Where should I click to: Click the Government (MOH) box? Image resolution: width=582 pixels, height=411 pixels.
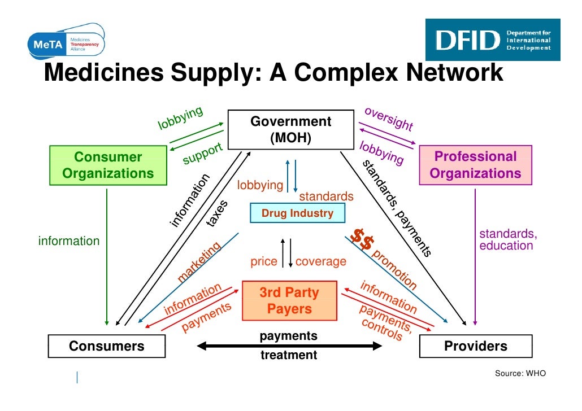(x=290, y=130)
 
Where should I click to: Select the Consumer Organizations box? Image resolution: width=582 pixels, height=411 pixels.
(x=108, y=165)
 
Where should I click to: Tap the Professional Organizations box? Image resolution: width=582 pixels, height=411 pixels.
(x=475, y=165)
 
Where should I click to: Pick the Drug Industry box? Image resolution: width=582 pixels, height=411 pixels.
(x=297, y=213)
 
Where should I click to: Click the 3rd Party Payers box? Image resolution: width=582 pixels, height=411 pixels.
(x=289, y=301)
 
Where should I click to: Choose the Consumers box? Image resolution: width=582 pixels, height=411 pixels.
(x=106, y=346)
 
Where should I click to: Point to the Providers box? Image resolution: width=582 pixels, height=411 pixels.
(x=475, y=346)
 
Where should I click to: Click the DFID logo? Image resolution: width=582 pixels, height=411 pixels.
(x=492, y=40)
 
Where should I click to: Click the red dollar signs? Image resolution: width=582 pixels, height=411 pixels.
(x=362, y=240)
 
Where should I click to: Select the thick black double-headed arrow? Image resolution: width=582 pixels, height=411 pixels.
(x=289, y=346)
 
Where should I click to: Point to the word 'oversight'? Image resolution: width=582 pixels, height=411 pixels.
(x=389, y=119)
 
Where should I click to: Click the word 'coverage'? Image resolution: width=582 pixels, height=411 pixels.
(x=320, y=262)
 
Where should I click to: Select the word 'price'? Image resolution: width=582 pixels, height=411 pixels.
(x=264, y=262)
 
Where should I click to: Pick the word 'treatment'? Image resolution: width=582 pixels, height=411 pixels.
(x=289, y=356)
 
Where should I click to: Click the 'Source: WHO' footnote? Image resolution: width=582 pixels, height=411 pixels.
(x=520, y=373)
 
